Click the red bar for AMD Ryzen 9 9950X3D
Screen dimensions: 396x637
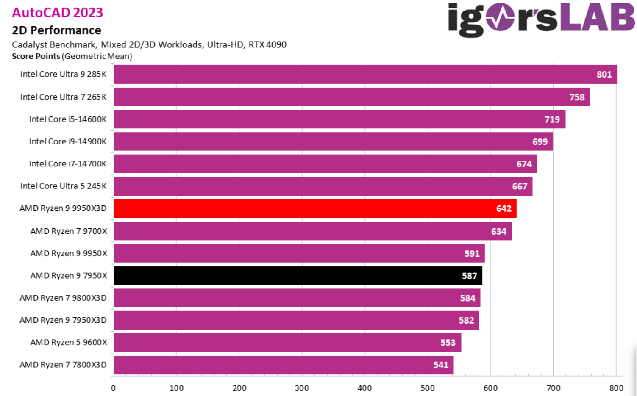pos(315,208)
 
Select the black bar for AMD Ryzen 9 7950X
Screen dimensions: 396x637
pos(298,276)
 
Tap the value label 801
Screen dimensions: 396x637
pos(604,75)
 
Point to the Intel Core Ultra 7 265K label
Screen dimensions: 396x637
pos(64,97)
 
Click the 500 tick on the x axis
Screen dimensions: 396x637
pos(428,388)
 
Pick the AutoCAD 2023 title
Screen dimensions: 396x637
pos(58,13)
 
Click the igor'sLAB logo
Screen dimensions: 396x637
pos(541,19)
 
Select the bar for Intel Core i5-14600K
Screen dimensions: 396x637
pos(339,119)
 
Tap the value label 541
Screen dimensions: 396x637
pos(441,365)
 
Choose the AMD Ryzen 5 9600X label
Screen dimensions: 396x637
pos(69,342)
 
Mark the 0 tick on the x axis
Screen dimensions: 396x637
pos(113,388)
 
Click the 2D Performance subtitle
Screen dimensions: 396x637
pos(56,30)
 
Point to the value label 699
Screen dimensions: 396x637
pos(540,142)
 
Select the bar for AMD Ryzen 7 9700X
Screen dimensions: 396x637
pos(313,231)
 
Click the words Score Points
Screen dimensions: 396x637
pos(36,56)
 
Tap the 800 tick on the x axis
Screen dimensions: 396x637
pos(616,388)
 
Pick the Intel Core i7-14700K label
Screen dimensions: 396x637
pos(68,164)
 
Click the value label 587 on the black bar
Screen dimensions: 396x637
pos(469,276)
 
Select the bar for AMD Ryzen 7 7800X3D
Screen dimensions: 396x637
pos(284,365)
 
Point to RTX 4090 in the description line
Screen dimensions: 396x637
pos(267,44)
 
